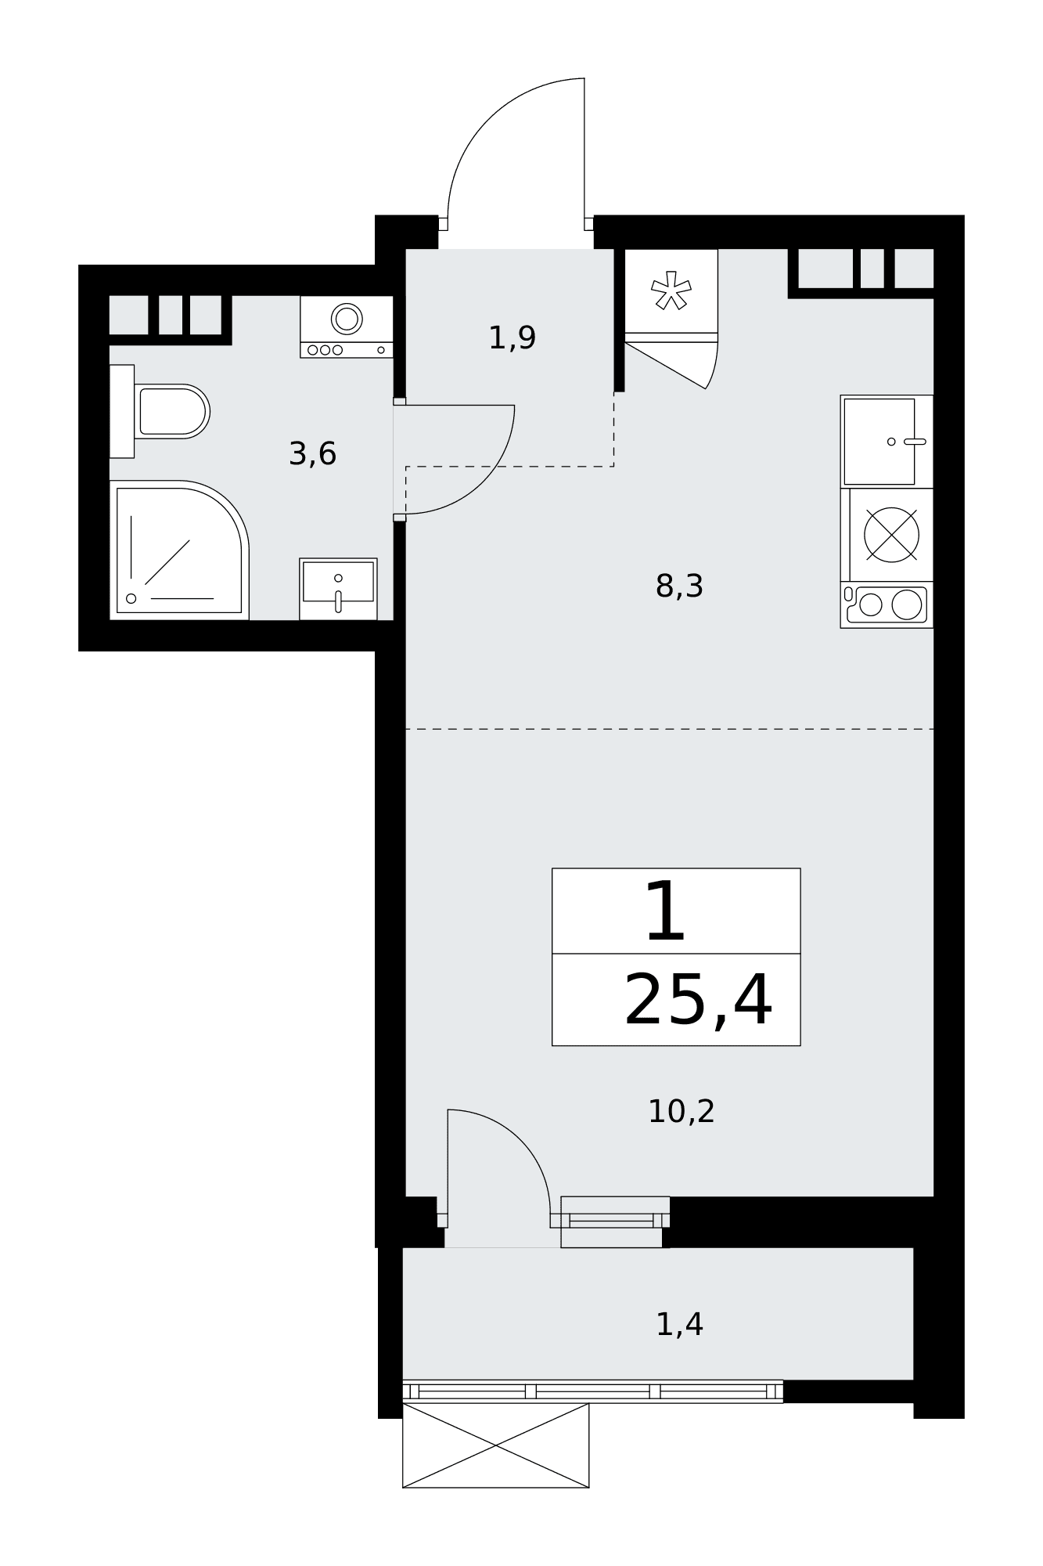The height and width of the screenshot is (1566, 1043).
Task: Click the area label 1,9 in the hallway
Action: (512, 338)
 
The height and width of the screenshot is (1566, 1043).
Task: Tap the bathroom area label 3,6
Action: (312, 454)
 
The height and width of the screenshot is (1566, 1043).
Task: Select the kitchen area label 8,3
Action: (679, 586)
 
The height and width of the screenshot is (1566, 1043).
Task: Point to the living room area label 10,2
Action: (681, 1111)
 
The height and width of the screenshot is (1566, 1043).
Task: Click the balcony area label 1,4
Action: (679, 1325)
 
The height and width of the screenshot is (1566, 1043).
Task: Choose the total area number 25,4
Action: (698, 1000)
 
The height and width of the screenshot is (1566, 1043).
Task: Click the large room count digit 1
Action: (665, 911)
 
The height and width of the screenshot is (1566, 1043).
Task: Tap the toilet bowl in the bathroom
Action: (172, 411)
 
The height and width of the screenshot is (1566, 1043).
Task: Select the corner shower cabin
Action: (179, 550)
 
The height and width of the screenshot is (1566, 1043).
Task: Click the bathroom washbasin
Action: (338, 588)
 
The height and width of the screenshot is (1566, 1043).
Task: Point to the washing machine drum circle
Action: (347, 319)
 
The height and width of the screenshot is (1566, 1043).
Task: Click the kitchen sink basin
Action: (879, 442)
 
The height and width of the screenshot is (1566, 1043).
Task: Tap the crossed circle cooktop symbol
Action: (891, 535)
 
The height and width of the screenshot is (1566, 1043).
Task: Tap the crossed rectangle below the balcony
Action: (495, 1445)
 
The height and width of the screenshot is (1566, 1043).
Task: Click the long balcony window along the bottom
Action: (592, 1391)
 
